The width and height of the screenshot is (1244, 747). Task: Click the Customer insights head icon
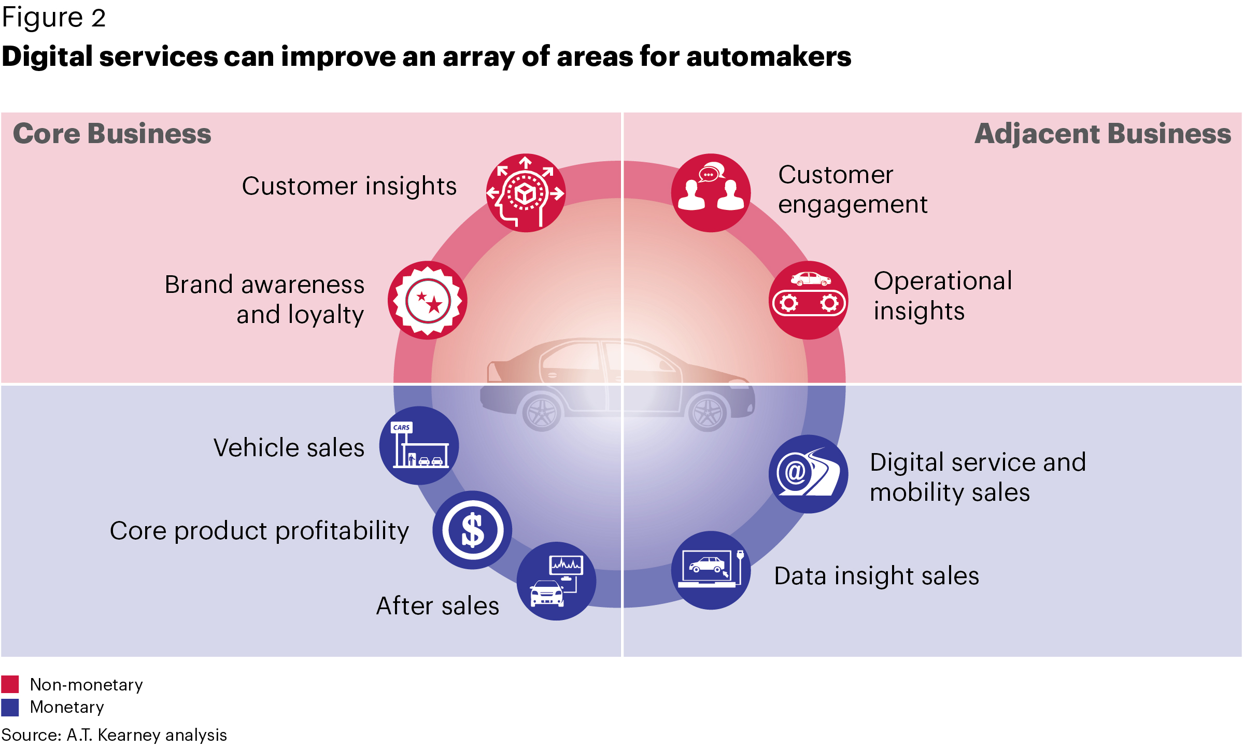point(526,193)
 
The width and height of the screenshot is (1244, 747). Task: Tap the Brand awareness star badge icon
point(428,300)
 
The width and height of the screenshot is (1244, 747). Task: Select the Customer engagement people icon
point(711,193)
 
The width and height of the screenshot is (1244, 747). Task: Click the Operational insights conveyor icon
point(809,300)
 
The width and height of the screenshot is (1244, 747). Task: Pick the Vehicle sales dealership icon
point(419,445)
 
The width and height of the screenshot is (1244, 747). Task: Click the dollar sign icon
point(473,530)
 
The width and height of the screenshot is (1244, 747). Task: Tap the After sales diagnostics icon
point(557,581)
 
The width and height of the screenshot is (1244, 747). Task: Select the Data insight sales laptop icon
point(711,570)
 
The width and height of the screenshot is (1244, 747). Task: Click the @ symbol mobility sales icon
point(809,474)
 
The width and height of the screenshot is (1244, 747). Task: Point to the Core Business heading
point(112,133)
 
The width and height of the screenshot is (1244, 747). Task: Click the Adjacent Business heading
point(1103,133)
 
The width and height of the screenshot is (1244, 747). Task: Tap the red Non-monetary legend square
point(10,684)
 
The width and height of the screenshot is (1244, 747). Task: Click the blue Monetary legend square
point(10,707)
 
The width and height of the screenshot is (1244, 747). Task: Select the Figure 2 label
point(54,18)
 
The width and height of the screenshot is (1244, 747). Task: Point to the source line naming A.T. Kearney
point(114,735)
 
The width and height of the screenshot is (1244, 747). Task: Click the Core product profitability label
point(259,531)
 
